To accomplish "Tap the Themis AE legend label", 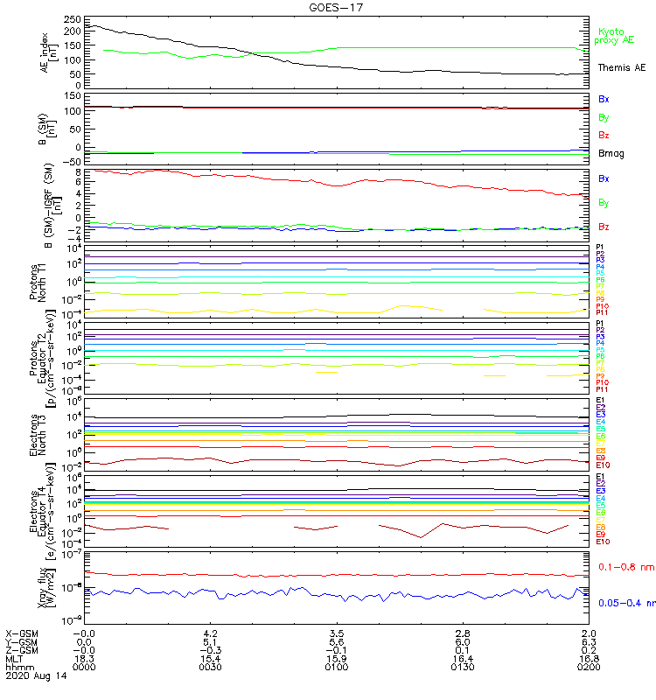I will click(621, 67).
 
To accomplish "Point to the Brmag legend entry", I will click(611, 154).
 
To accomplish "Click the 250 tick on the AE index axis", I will click(73, 18).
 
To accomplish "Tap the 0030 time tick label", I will click(210, 667).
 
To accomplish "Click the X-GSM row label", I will click(21, 632).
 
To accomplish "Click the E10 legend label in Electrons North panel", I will click(603, 465).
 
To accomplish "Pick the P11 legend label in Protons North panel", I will click(602, 312).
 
